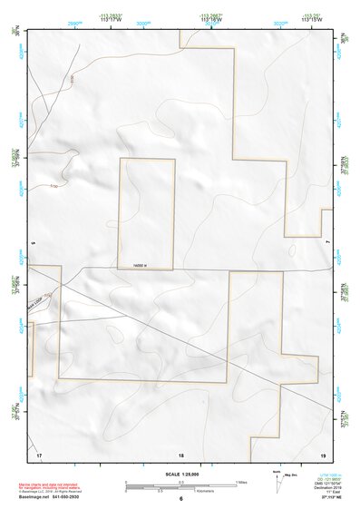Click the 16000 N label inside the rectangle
click(138, 265)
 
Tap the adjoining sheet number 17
click(39, 453)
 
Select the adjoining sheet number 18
click(181, 453)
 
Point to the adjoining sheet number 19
click(322, 453)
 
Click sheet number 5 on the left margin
click(31, 244)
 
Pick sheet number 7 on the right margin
click(327, 244)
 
